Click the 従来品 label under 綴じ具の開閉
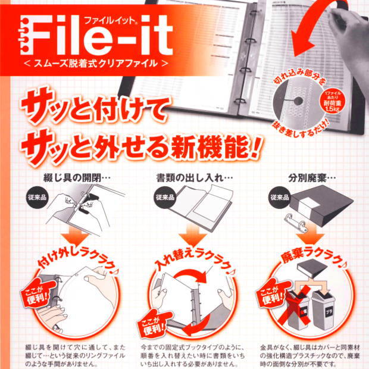(36, 197)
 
